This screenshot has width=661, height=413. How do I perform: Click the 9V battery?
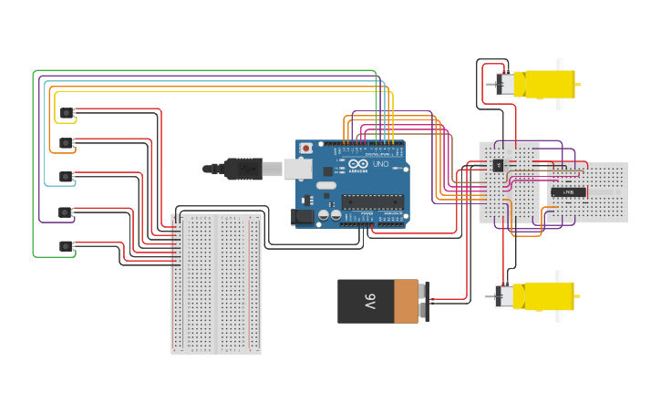(x=377, y=301)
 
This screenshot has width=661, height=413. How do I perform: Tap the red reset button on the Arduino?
(x=306, y=149)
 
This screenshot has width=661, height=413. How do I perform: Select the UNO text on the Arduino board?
(x=381, y=164)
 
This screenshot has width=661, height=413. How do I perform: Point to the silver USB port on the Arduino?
(x=297, y=168)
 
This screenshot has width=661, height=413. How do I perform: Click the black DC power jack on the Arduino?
(x=301, y=217)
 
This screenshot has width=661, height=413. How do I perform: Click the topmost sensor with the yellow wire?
(x=67, y=113)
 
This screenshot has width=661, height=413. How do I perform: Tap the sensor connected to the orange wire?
(x=67, y=143)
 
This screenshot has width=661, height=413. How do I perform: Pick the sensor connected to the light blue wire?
(x=67, y=177)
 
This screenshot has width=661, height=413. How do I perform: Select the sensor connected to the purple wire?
(x=66, y=212)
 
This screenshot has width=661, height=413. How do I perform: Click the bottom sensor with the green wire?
(x=66, y=246)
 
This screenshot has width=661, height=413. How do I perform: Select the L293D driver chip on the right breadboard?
(x=569, y=191)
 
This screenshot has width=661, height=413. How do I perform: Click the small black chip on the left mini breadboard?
(x=498, y=165)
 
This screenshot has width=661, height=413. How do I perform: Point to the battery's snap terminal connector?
(x=424, y=300)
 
